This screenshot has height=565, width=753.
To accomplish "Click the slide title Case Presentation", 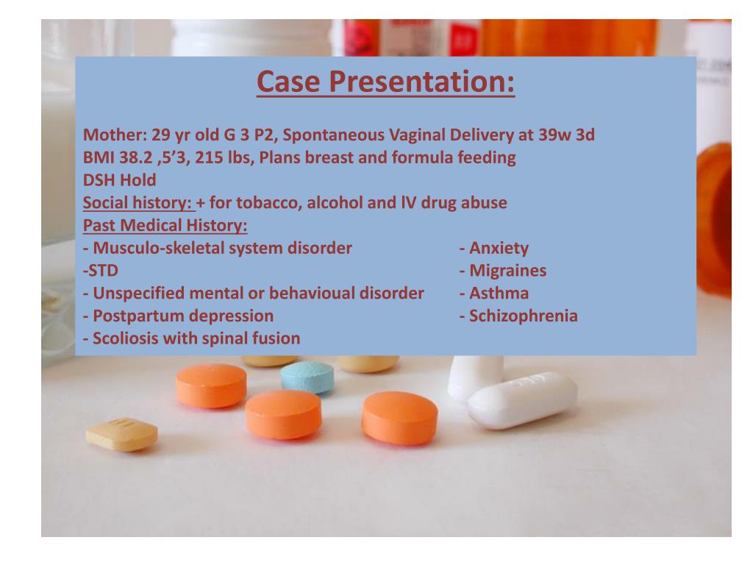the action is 385,81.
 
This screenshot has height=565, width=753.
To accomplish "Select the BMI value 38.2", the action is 135,157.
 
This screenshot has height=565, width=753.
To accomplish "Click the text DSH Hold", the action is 120,180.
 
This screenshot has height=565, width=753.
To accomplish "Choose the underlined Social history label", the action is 138,203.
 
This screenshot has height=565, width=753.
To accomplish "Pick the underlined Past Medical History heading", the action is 165,225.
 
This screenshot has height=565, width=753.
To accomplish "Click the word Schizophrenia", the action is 524,316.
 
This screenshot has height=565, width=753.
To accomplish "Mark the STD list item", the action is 101,271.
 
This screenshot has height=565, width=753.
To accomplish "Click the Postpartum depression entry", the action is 179,316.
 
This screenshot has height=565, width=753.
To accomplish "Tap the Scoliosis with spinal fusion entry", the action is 192,338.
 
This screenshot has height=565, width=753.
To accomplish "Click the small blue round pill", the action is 307,377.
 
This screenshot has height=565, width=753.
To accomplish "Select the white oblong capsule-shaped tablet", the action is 523,399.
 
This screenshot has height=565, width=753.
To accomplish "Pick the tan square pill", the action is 121,434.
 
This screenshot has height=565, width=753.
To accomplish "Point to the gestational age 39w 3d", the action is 567,135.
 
